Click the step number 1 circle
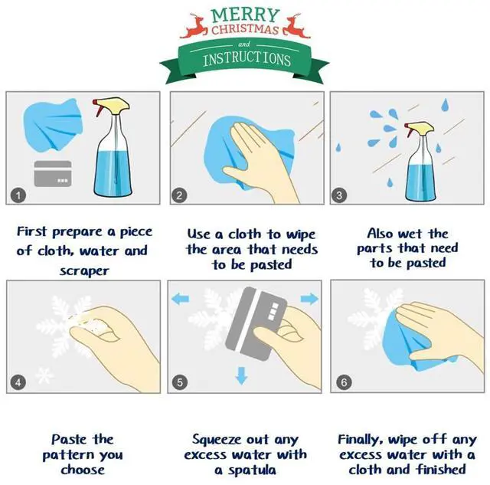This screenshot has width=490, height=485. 18,195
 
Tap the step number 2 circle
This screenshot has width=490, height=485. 179,195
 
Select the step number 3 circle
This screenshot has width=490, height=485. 339,195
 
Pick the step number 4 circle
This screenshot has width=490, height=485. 18,382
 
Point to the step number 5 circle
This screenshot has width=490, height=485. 180,382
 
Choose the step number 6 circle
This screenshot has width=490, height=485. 344,382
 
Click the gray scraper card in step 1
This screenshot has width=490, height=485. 53,174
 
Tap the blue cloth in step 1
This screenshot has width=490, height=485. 53,125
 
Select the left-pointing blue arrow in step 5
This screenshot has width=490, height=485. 181,299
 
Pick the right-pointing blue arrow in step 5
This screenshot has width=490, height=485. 309,299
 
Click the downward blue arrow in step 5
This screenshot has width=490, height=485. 241,375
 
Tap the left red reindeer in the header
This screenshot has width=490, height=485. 194,26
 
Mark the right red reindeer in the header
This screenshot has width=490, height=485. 296,26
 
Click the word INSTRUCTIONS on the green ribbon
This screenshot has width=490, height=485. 247,59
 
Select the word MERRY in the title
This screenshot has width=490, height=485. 245,15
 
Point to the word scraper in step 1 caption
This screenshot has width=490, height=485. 84,271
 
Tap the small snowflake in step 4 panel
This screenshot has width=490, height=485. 44,375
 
